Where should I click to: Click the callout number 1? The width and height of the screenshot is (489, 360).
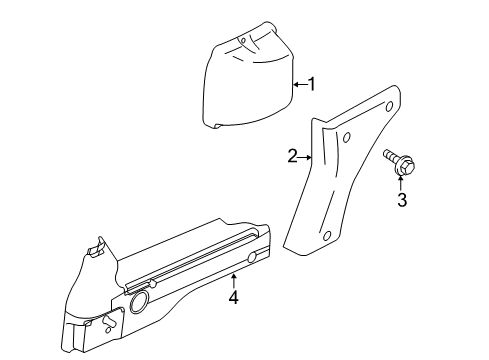[312, 84]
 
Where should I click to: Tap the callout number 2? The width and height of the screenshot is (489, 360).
[292, 156]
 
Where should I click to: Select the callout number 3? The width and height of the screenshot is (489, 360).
[402, 200]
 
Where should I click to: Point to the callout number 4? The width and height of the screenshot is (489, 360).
[234, 297]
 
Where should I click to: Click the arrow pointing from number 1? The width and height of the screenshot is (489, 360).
[300, 85]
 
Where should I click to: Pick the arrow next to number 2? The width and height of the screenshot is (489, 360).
[305, 157]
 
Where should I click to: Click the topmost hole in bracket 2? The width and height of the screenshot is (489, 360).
[389, 107]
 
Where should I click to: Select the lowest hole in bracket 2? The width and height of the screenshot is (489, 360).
[327, 236]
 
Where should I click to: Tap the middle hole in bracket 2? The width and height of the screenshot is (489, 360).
[346, 137]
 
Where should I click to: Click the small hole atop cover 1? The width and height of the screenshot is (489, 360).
[243, 41]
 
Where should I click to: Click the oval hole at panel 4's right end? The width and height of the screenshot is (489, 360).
[253, 257]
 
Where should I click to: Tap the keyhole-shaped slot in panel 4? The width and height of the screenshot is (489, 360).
[109, 321]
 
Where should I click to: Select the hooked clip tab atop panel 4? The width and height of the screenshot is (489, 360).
[96, 247]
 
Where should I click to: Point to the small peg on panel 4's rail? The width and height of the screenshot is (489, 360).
[153, 284]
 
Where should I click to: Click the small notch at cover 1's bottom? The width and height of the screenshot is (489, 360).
[217, 126]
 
